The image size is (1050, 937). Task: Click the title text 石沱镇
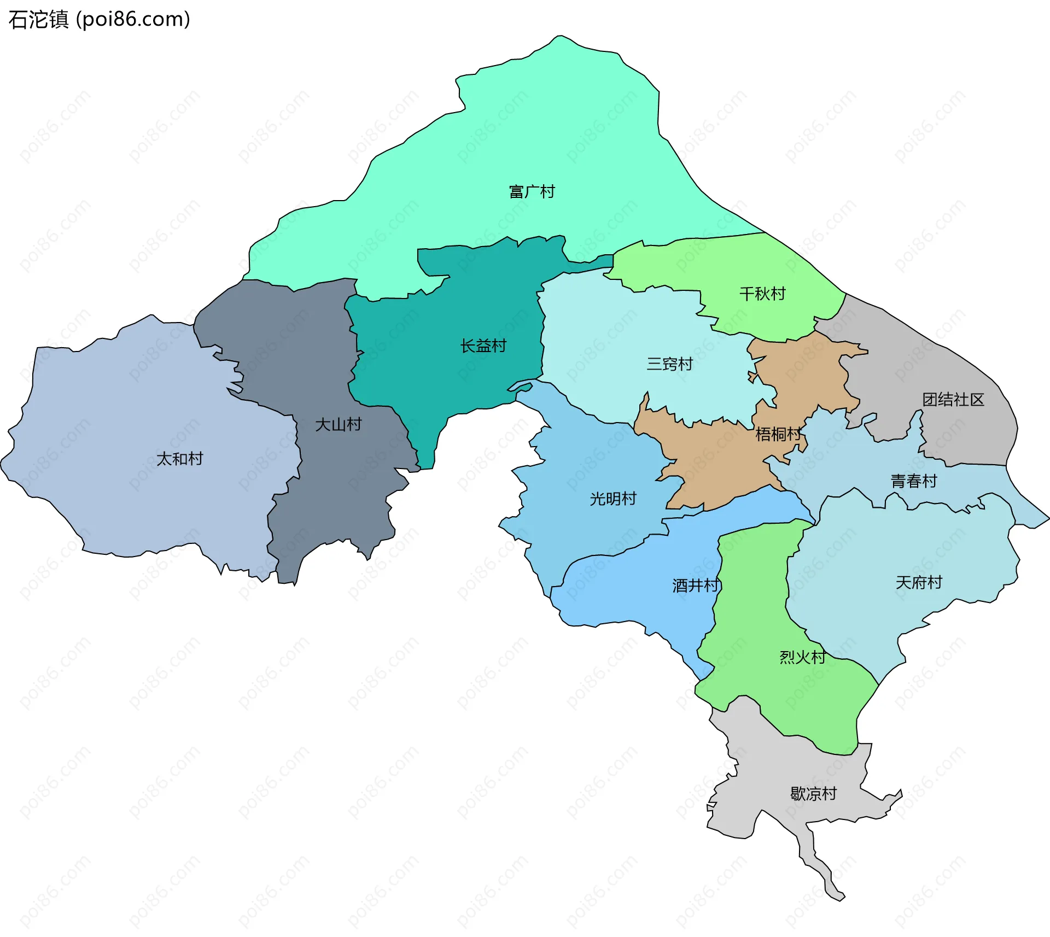[38, 20]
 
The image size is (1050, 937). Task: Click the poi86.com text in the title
[133, 20]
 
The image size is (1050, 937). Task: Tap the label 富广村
[532, 192]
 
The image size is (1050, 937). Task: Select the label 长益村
[483, 346]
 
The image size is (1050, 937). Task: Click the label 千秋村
[762, 294]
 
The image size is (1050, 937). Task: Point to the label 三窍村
[669, 364]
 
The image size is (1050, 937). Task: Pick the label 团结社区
[953, 400]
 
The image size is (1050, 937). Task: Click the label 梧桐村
[778, 435]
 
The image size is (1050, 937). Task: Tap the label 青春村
[914, 481]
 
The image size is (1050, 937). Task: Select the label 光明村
[613, 499]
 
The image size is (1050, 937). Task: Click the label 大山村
[338, 425]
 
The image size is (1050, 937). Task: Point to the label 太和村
[179, 459]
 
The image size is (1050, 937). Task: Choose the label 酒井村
[695, 586]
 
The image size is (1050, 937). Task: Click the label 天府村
[919, 583]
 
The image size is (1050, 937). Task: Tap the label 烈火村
[802, 657]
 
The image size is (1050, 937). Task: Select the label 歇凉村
[813, 794]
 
